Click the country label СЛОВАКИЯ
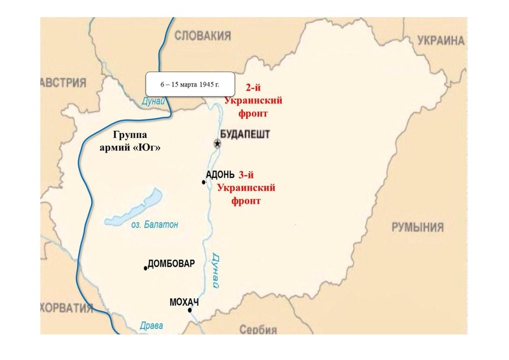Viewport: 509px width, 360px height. (202, 35)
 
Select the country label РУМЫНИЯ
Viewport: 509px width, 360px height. (417, 228)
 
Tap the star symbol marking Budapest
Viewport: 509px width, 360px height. (218, 144)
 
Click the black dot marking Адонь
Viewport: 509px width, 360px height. (204, 183)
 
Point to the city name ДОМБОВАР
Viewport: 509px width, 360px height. (171, 264)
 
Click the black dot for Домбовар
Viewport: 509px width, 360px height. (146, 268)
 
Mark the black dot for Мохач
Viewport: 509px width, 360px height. (190, 310)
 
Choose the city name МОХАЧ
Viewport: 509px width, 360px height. (185, 301)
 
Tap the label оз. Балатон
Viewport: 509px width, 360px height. (155, 225)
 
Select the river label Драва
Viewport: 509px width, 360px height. (151, 326)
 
